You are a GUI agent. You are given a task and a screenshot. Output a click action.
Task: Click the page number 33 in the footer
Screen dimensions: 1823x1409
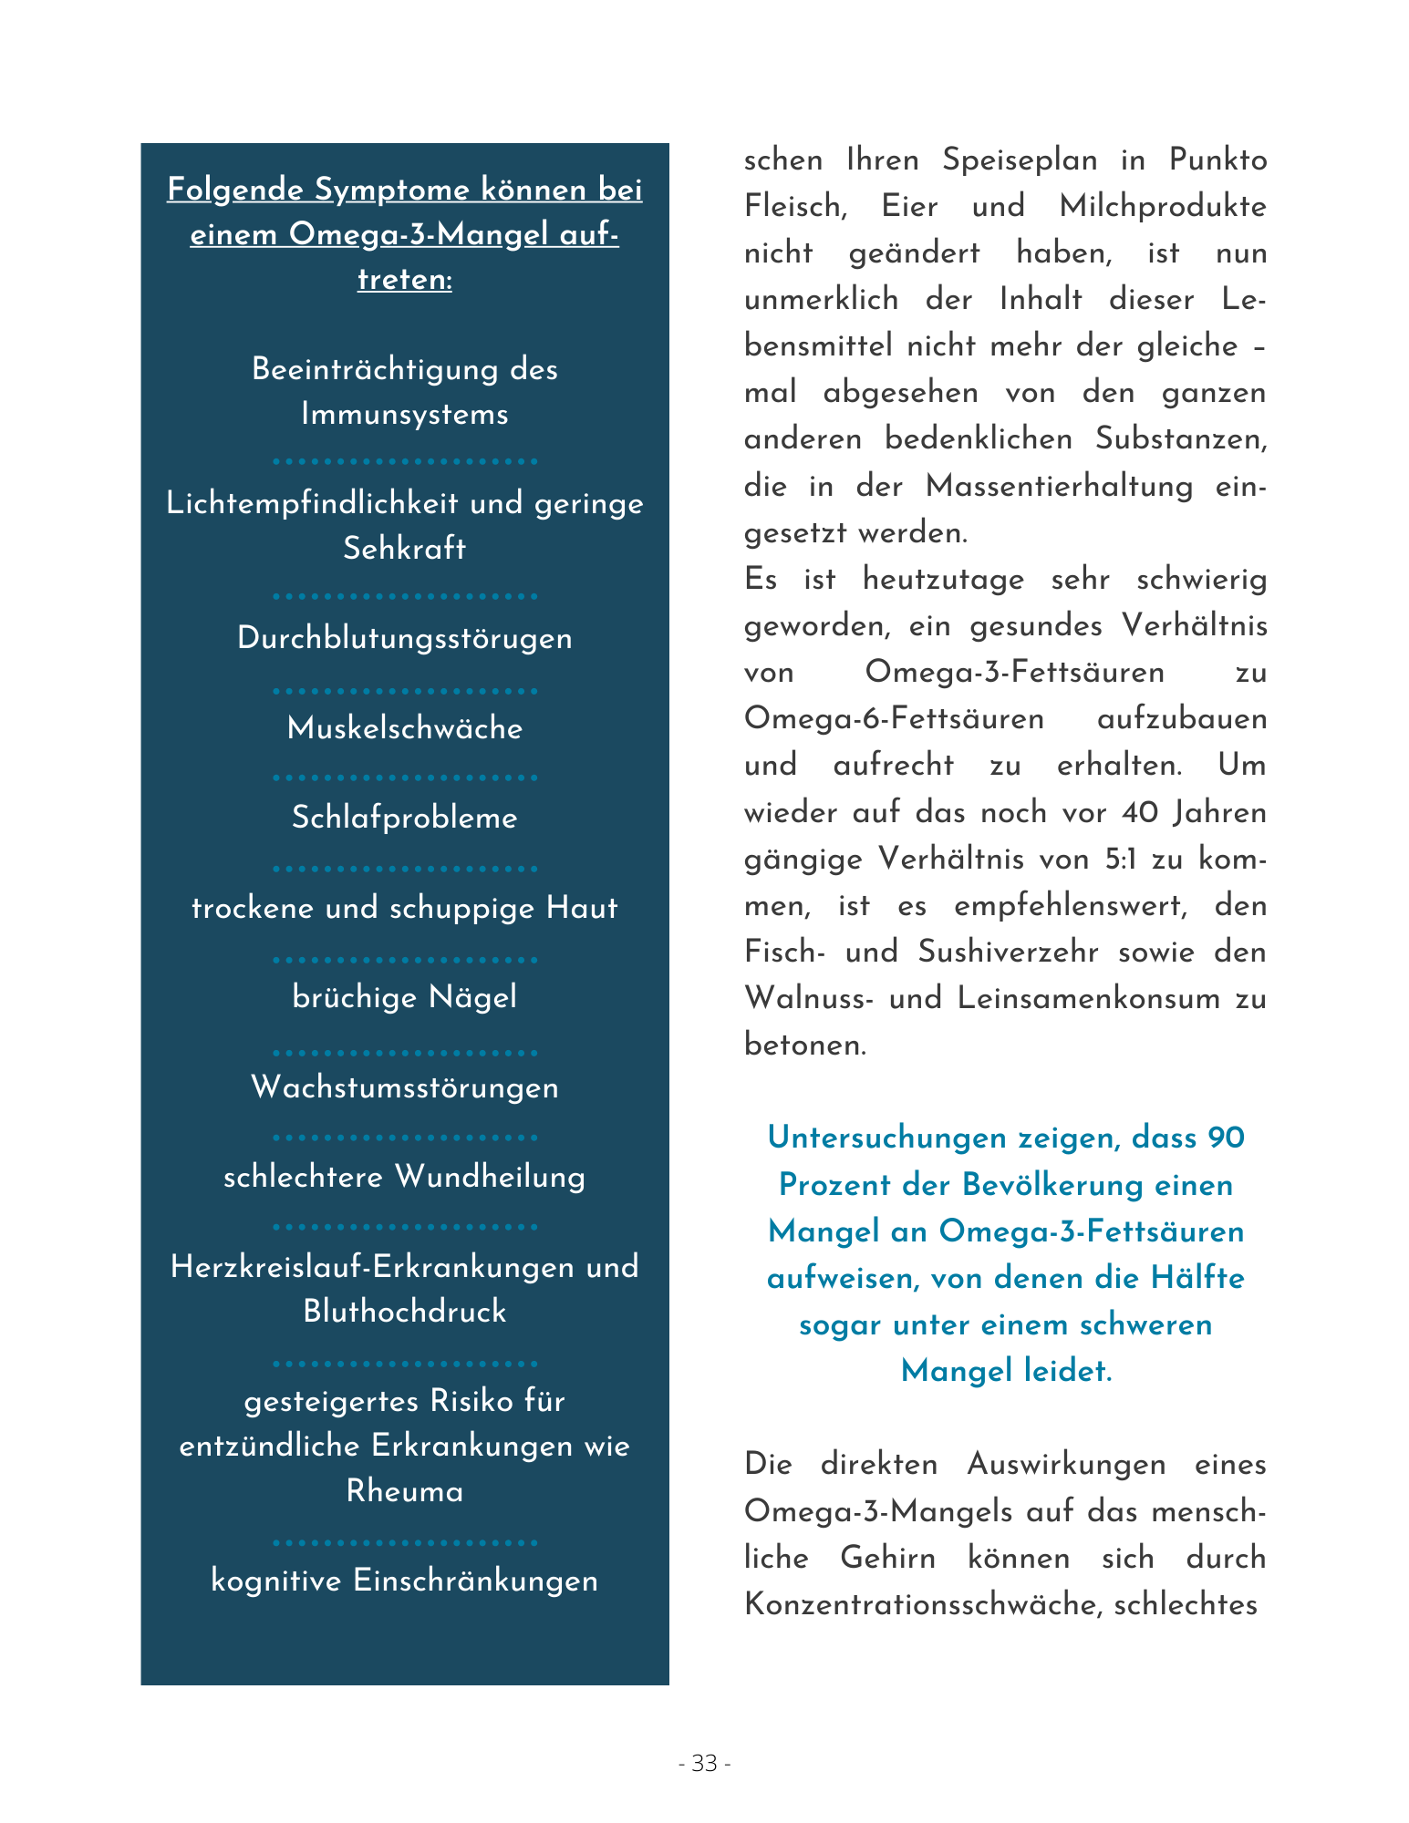pos(704,1764)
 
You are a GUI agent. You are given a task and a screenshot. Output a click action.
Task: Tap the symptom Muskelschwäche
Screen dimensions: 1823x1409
pos(405,728)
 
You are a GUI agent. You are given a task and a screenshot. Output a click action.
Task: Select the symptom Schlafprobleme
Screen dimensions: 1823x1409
pos(405,818)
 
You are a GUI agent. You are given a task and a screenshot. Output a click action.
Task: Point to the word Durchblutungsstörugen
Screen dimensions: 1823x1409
pos(405,638)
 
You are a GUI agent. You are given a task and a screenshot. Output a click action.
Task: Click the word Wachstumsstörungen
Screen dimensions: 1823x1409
pos(405,1087)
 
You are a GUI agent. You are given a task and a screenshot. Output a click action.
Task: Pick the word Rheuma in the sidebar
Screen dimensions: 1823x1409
pos(405,1491)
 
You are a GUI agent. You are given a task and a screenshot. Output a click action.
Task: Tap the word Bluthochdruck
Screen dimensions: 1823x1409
pos(405,1312)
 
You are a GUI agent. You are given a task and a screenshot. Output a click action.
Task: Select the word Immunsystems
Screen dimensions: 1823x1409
pos(405,415)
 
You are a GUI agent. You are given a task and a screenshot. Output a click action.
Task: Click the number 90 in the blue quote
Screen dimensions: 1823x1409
pos(1225,1138)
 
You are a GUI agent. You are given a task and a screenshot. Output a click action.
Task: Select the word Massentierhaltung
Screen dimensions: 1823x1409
pos(1059,486)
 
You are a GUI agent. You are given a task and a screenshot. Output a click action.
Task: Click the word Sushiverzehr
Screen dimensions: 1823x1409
pos(1018,952)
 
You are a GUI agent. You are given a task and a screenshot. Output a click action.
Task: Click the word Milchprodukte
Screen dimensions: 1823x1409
pos(1163,207)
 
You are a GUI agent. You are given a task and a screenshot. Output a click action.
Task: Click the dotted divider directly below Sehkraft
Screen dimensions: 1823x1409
pos(405,596)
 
